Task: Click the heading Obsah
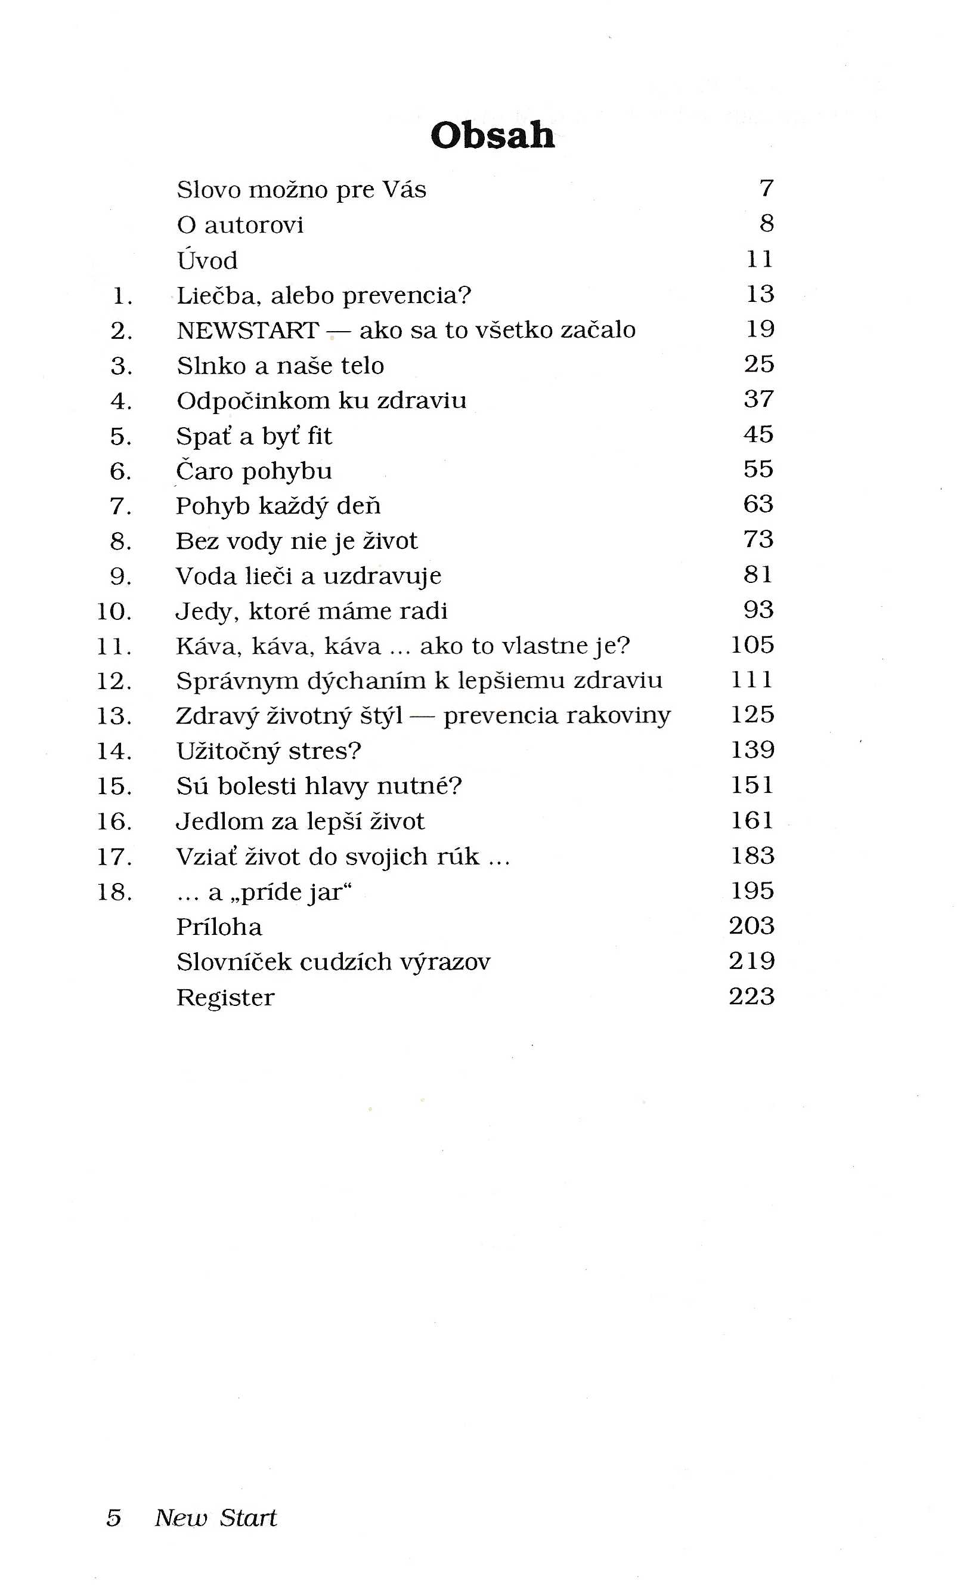pos(492,135)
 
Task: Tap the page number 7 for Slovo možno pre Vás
pos(766,189)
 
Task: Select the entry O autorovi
pos(240,224)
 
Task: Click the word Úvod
pos(207,260)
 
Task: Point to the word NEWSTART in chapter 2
pos(247,331)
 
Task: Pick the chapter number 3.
pos(121,366)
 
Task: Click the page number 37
pos(758,399)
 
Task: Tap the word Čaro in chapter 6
pos(205,471)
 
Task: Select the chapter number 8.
pos(121,541)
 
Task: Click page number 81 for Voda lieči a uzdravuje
pos(758,575)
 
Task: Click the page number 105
pos(752,644)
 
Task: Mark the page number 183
pos(752,856)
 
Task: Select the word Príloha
pos(219,927)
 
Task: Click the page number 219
pos(752,961)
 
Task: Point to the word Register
pos(225,998)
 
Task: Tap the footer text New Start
pos(215,1518)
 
